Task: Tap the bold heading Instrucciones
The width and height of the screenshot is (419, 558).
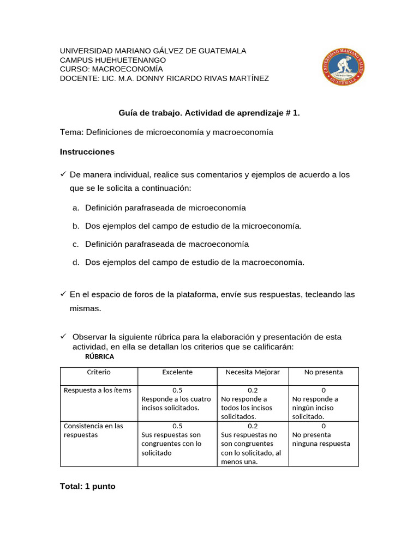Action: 87,152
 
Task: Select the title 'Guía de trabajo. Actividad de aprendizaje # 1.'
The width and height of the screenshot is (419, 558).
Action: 209,113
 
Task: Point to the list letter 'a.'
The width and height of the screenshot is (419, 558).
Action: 76,208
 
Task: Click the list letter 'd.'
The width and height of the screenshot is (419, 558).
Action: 76,263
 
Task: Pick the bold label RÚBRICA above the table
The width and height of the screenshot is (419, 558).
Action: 99,357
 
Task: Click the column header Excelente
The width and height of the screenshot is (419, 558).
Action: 177,372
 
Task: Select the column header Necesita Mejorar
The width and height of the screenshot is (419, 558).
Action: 253,372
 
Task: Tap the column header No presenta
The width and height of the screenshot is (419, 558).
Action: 324,372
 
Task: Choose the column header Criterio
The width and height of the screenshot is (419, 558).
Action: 99,372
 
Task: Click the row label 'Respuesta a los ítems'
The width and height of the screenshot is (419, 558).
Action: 98,390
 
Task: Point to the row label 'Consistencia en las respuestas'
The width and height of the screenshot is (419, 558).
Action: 93,430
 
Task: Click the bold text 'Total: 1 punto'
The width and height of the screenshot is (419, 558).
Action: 88,486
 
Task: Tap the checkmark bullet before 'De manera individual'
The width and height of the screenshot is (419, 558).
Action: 63,174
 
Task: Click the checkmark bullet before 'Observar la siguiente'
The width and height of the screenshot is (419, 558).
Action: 63,337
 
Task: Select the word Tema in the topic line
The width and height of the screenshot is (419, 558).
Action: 70,132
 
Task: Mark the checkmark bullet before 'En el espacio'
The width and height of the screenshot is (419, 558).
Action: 63,294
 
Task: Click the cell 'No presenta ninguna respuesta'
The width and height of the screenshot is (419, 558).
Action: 321,439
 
